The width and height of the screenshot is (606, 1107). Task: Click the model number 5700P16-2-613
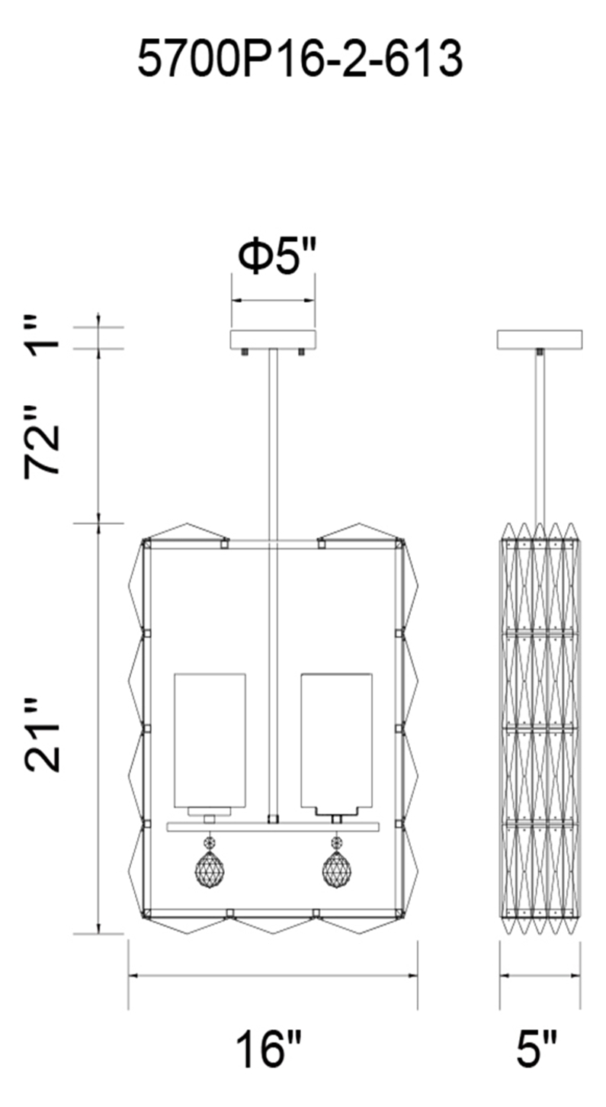click(x=300, y=60)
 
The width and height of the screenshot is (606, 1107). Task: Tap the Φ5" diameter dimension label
click(x=277, y=256)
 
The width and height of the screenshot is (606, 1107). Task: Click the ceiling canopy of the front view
click(x=273, y=339)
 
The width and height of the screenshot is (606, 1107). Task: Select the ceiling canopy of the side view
click(x=540, y=339)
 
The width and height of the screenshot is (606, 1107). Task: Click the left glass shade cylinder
click(x=210, y=742)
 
